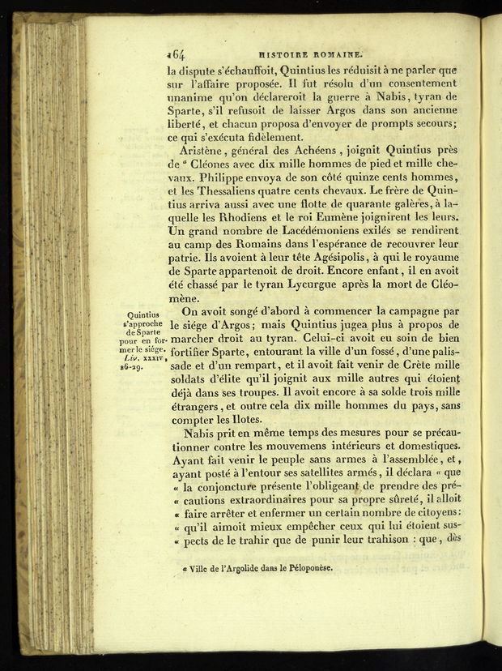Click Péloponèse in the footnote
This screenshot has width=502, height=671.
[x=303, y=570]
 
